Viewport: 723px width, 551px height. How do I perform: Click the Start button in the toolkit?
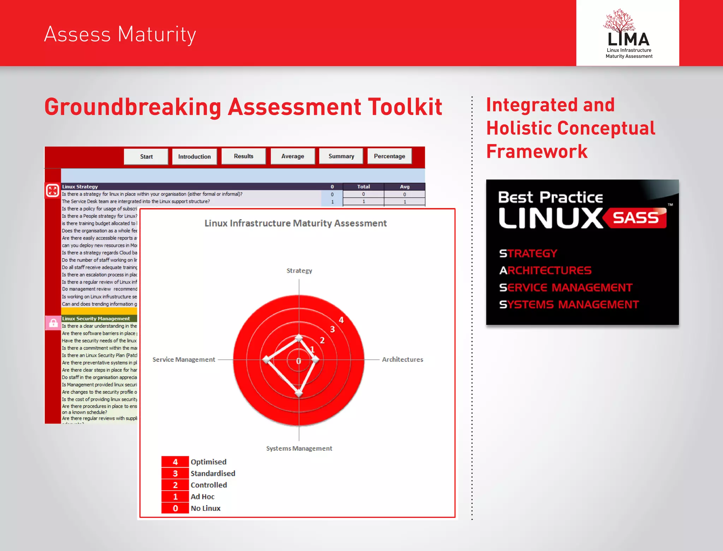click(x=146, y=156)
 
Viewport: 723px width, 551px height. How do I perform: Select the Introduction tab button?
click(x=194, y=156)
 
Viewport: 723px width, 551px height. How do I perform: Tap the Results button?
click(x=244, y=156)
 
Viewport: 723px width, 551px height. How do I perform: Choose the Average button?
click(x=293, y=156)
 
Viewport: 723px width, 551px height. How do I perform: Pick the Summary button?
click(x=341, y=156)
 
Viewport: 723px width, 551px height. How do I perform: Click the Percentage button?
click(x=389, y=156)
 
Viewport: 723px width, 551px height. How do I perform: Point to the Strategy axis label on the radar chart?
click(x=299, y=271)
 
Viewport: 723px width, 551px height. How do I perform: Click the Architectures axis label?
click(x=402, y=360)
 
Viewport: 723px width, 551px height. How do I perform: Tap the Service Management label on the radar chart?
click(x=184, y=360)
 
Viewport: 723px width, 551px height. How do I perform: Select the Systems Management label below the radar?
click(x=299, y=449)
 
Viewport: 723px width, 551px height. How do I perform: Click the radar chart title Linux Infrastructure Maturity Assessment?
click(x=295, y=223)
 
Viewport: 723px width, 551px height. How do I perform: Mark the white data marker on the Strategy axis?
click(x=299, y=338)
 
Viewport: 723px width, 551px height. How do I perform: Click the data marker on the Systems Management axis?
click(x=299, y=393)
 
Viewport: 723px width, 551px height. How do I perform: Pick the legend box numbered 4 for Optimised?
click(x=175, y=462)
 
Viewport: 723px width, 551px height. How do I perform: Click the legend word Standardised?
click(x=213, y=474)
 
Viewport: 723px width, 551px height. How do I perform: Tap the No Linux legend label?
click(x=205, y=508)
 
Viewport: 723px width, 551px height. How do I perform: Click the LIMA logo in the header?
click(x=628, y=34)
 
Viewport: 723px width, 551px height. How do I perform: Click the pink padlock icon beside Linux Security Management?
click(x=53, y=323)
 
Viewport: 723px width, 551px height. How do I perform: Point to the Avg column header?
click(x=405, y=187)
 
